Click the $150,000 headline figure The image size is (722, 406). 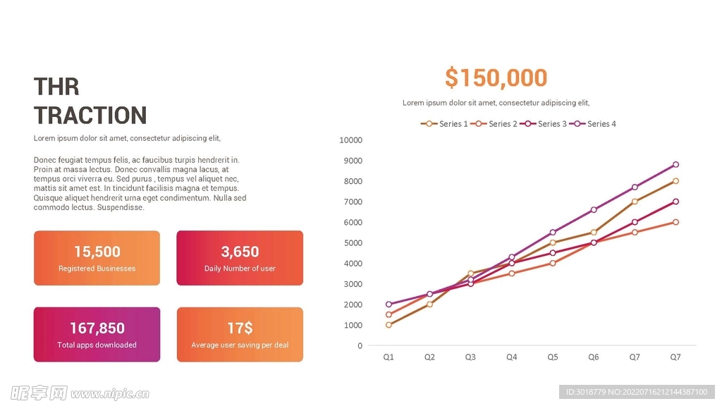pos(496,78)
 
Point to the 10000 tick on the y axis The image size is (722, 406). pos(350,140)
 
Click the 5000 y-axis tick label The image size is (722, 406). pos(353,243)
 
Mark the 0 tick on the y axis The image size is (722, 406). pos(360,346)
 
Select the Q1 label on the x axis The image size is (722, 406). pos(388,357)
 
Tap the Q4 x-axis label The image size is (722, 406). pos(511,357)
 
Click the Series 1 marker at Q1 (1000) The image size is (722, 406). pos(388,325)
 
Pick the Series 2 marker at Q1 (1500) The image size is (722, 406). pos(388,315)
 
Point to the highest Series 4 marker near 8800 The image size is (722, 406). pos(675,165)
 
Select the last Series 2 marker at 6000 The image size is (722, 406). pos(675,222)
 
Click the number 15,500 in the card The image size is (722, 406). pos(97,252)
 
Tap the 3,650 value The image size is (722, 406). pos(240,252)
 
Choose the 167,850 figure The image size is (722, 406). pos(97,328)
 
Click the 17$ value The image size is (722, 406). pos(240,328)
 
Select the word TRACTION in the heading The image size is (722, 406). pos(90,116)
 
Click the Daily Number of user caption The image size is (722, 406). pos(240,269)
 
